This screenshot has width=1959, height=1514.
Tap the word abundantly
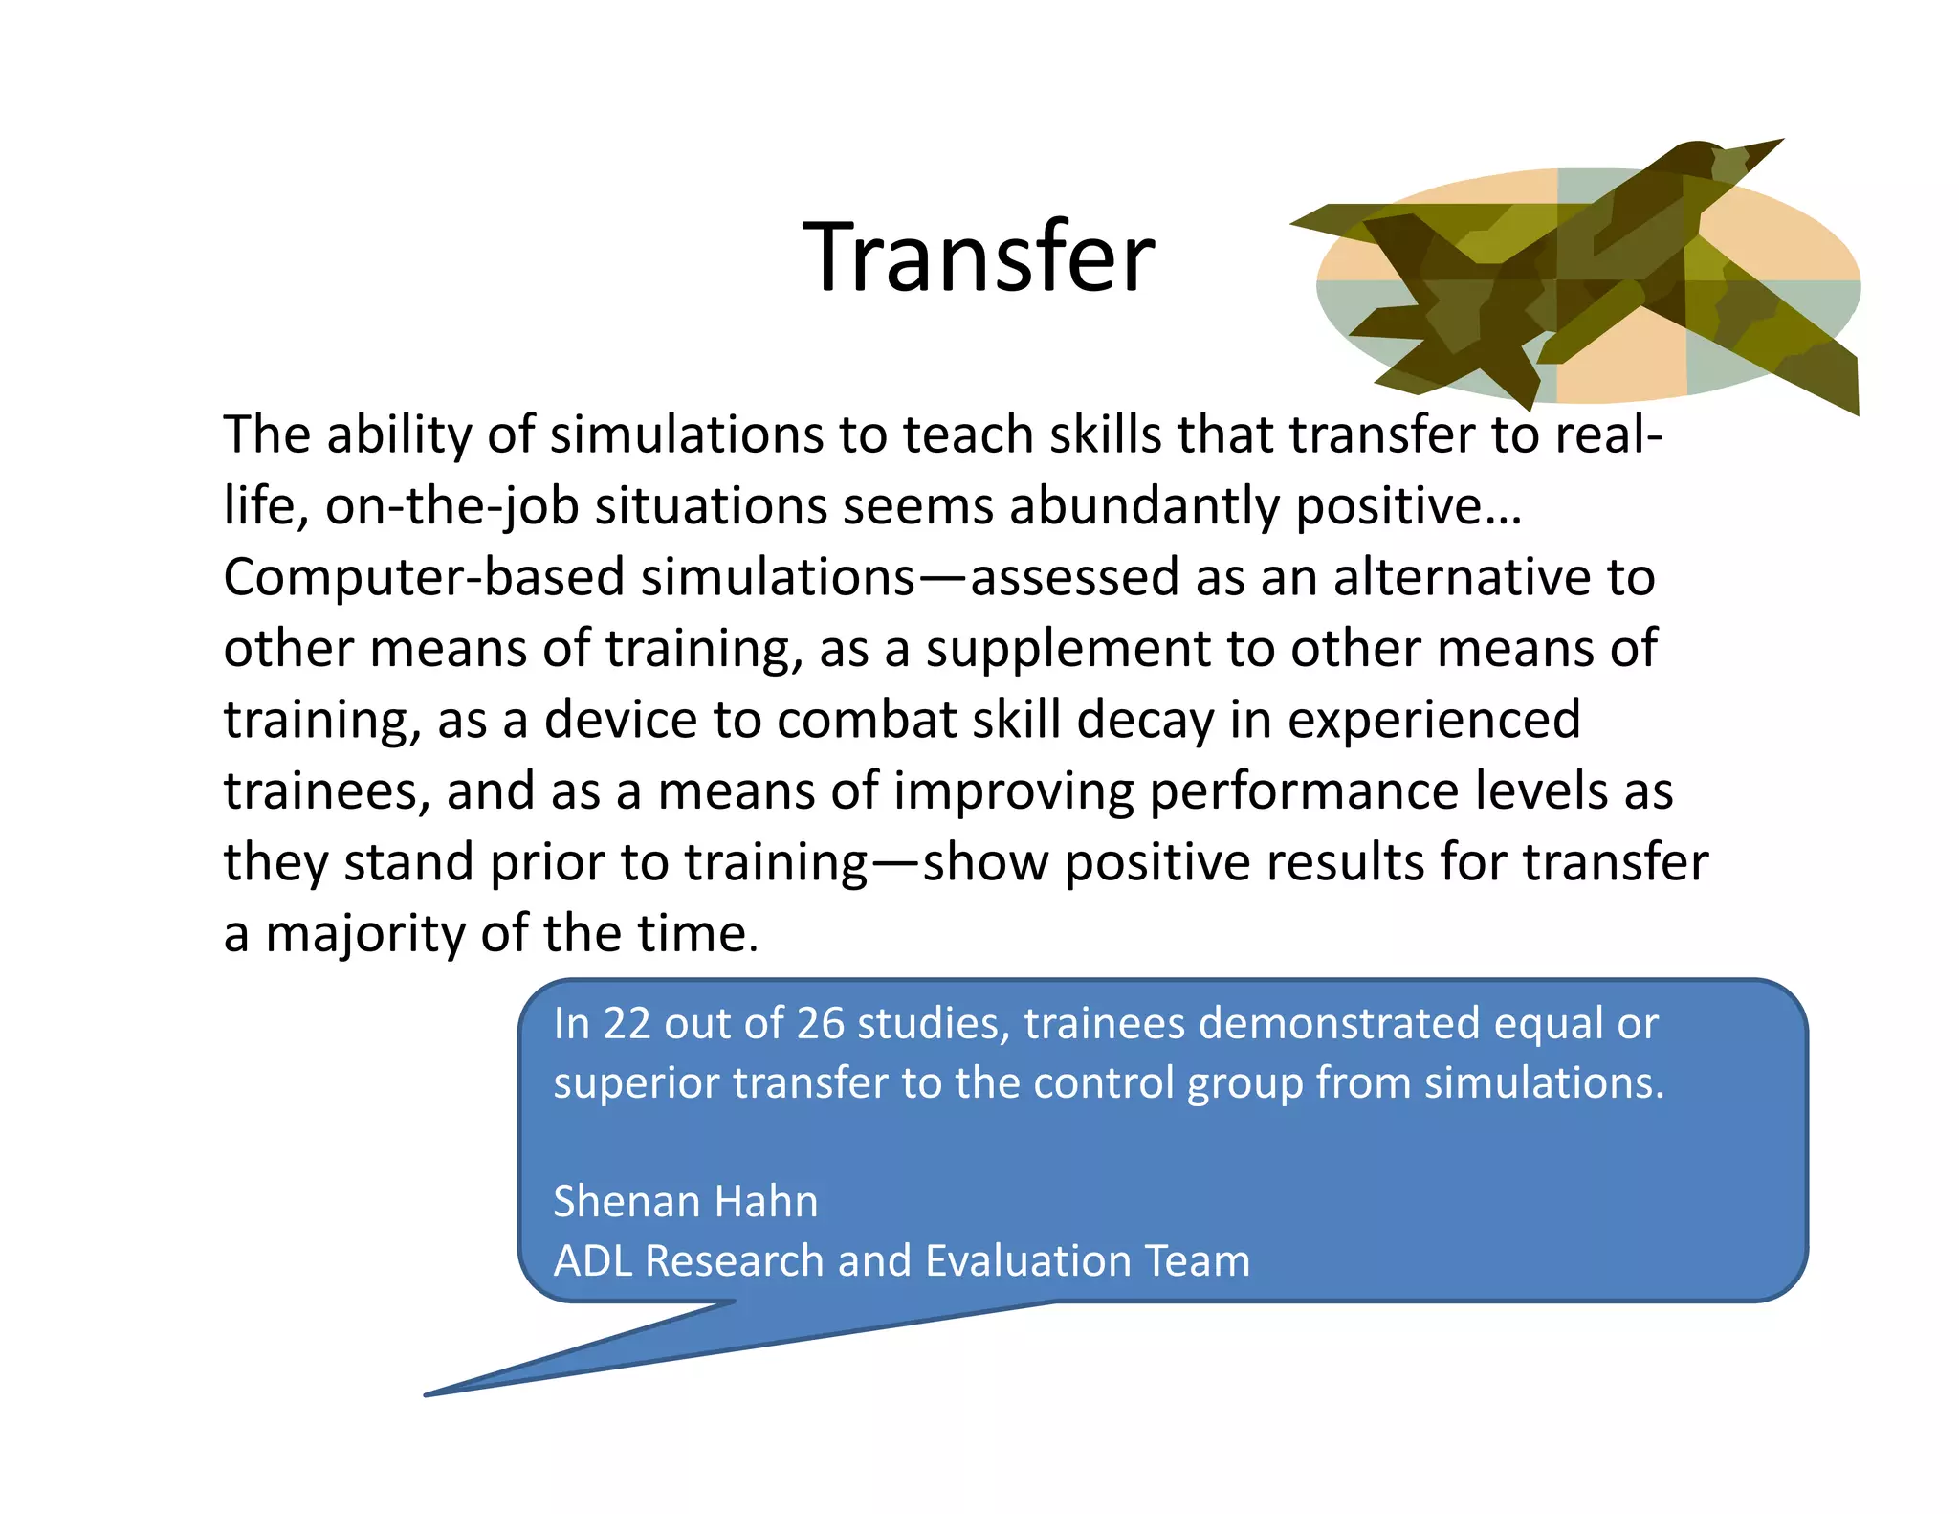[x=1143, y=506]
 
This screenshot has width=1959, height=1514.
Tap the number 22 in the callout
[x=627, y=1024]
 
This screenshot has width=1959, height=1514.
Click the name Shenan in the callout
[x=625, y=1202]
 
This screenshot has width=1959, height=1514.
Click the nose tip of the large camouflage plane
[x=1779, y=142]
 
